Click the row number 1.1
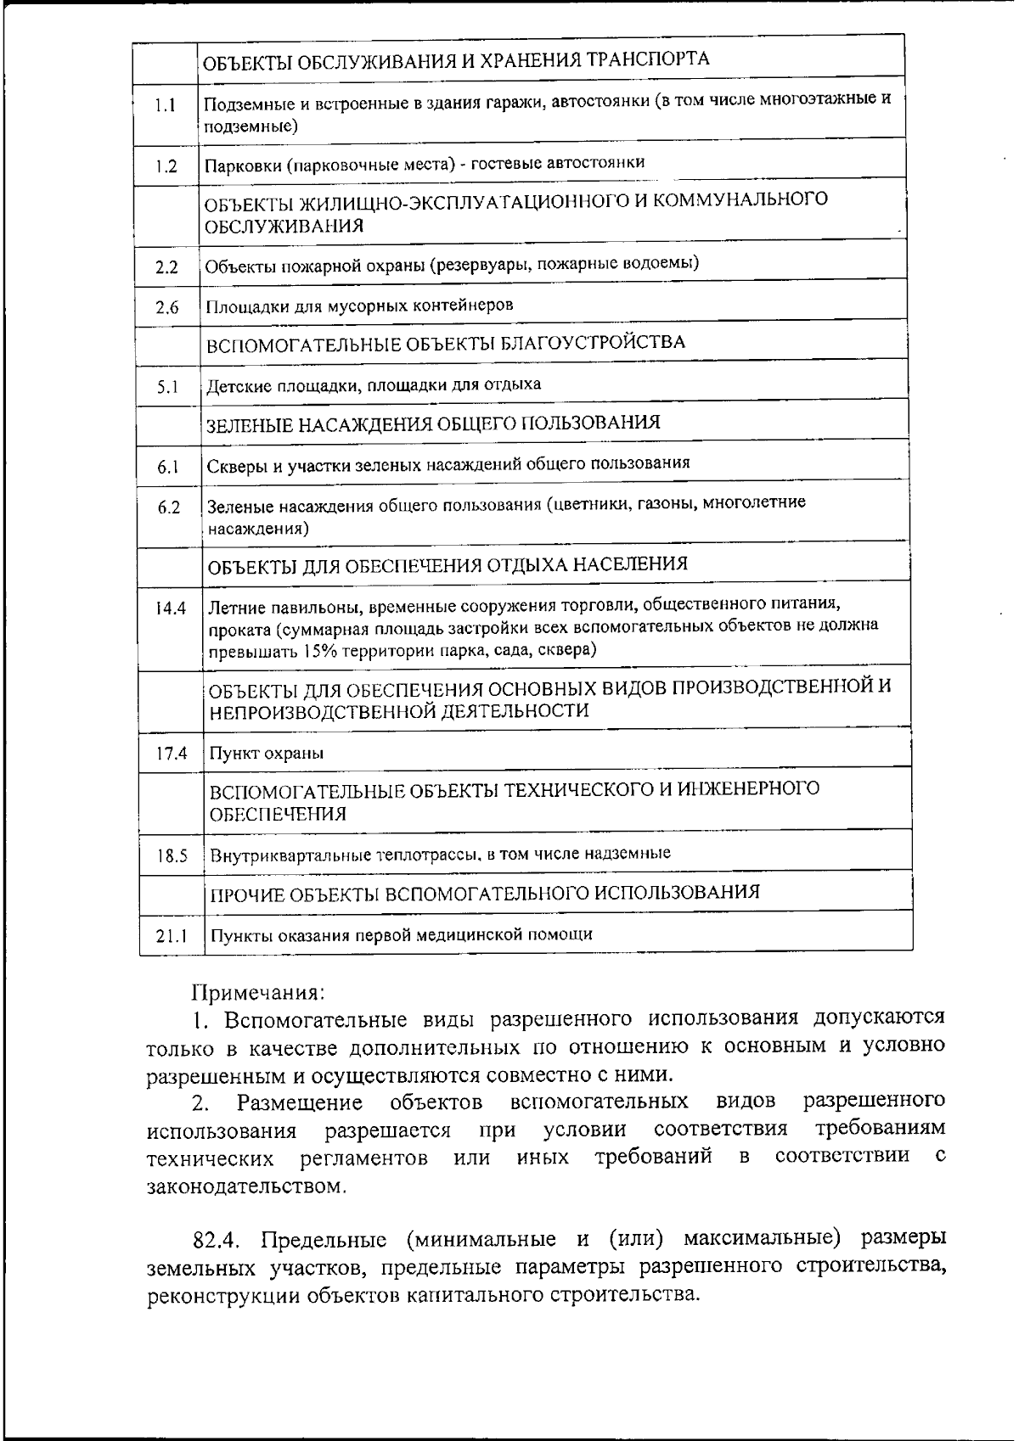[x=166, y=107]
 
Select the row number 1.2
[x=166, y=166]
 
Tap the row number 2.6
[x=167, y=308]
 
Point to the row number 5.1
[x=168, y=388]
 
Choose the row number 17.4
[x=172, y=754]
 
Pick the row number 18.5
[x=172, y=856]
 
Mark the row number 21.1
[x=172, y=936]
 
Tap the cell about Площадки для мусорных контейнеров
[x=360, y=306]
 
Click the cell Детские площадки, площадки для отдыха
[x=374, y=385]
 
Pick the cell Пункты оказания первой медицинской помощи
[x=401, y=935]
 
